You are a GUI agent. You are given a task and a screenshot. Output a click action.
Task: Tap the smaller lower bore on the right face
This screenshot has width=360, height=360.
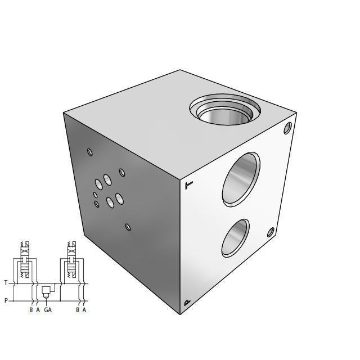pyautogui.click(x=235, y=237)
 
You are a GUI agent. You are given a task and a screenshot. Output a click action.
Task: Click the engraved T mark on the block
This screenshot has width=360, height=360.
pyautogui.click(x=189, y=184)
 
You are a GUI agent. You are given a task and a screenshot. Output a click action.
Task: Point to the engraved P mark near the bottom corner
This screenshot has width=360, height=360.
pyautogui.click(x=187, y=303)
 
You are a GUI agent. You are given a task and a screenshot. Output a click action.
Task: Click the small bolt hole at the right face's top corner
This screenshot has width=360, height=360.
pyautogui.click(x=288, y=129)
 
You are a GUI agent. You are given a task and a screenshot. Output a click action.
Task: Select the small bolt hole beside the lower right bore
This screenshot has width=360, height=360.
pyautogui.click(x=271, y=232)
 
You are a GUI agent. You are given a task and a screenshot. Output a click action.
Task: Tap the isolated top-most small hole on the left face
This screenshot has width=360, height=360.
pyautogui.click(x=90, y=151)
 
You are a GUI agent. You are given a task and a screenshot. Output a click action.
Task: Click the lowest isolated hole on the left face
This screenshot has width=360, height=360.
pyautogui.click(x=128, y=227)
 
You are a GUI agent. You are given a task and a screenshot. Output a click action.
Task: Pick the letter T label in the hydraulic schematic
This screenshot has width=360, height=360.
pyautogui.click(x=6, y=283)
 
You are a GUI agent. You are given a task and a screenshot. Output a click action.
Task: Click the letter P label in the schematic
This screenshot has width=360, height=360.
pyautogui.click(x=6, y=300)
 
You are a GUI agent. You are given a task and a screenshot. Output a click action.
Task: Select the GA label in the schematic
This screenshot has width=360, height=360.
pyautogui.click(x=48, y=310)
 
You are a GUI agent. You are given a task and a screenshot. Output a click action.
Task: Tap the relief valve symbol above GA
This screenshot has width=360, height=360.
pyautogui.click(x=46, y=290)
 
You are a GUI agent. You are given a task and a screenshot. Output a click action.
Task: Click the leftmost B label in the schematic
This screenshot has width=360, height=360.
pyautogui.click(x=31, y=310)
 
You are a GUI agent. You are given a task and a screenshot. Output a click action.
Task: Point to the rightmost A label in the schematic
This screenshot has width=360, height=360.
pyautogui.click(x=84, y=310)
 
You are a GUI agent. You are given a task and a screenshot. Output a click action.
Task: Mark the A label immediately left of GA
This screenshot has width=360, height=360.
pyautogui.click(x=38, y=310)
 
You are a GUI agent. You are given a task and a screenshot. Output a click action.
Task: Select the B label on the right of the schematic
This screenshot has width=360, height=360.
pyautogui.click(x=78, y=310)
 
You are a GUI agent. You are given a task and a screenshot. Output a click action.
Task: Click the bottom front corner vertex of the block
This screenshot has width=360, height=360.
pyautogui.click(x=181, y=314)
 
